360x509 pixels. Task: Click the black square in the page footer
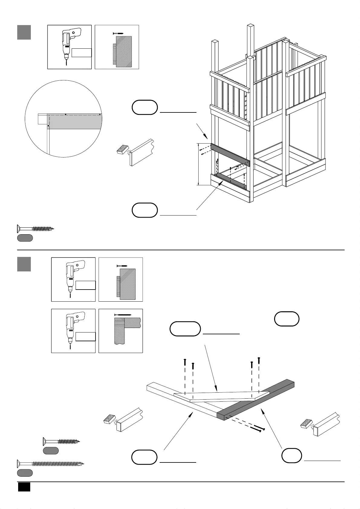tap(24, 487)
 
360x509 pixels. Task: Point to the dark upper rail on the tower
tap(230, 155)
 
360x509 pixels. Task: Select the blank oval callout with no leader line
tap(287, 319)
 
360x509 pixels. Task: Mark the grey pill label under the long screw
tap(25, 473)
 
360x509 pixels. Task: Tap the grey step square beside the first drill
tap(24, 32)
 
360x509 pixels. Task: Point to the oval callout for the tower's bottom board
tap(145, 210)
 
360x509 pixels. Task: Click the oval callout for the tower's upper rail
tap(145, 107)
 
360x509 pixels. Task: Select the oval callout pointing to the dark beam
tap(292, 456)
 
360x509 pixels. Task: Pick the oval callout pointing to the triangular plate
tap(185, 329)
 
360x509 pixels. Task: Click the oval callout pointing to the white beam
tap(144, 457)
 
